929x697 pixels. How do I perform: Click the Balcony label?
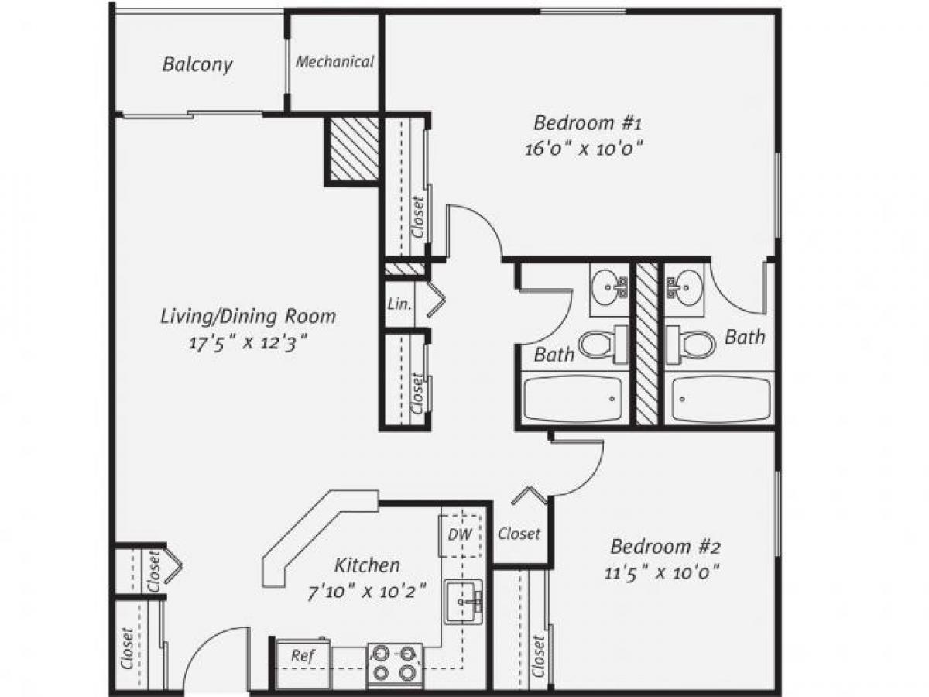197,64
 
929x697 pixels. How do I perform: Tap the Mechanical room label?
334,62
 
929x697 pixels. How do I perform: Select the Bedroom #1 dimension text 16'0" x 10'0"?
584,148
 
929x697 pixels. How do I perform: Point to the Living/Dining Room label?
248,316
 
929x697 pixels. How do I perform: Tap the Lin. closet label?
399,303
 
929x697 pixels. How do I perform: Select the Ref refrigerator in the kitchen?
302,655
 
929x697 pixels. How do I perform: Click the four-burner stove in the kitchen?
395,664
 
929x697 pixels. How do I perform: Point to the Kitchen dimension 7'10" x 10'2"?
367,592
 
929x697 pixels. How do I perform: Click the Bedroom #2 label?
665,547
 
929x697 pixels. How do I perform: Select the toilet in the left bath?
604,344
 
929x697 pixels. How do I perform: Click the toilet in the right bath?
690,343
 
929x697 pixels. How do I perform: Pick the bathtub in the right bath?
720,399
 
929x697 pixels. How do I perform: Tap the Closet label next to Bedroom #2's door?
519,534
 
